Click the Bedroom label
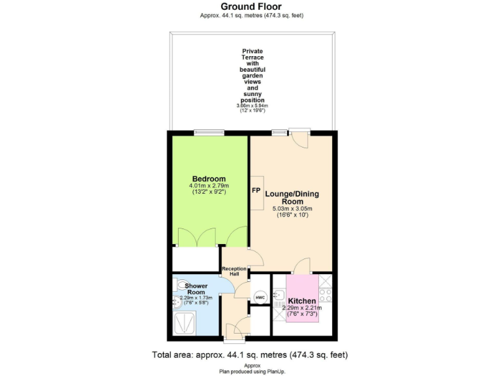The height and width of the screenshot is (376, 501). pyautogui.click(x=209, y=179)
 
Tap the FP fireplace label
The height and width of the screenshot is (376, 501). pyautogui.click(x=256, y=191)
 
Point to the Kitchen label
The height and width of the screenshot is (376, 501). pyautogui.click(x=302, y=301)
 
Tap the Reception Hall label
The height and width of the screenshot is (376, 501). pyautogui.click(x=234, y=272)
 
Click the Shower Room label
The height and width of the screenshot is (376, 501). pyautogui.click(x=196, y=289)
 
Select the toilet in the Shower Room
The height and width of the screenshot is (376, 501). pyautogui.click(x=179, y=285)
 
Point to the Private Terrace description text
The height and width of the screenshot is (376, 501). pyautogui.click(x=252, y=76)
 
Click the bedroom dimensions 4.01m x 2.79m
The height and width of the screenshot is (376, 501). pyautogui.click(x=209, y=186)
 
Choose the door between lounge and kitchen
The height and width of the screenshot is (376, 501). pyautogui.click(x=302, y=266)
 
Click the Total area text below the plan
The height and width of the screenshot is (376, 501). pyautogui.click(x=250, y=355)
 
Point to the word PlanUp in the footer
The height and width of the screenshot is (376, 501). pyautogui.click(x=276, y=371)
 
